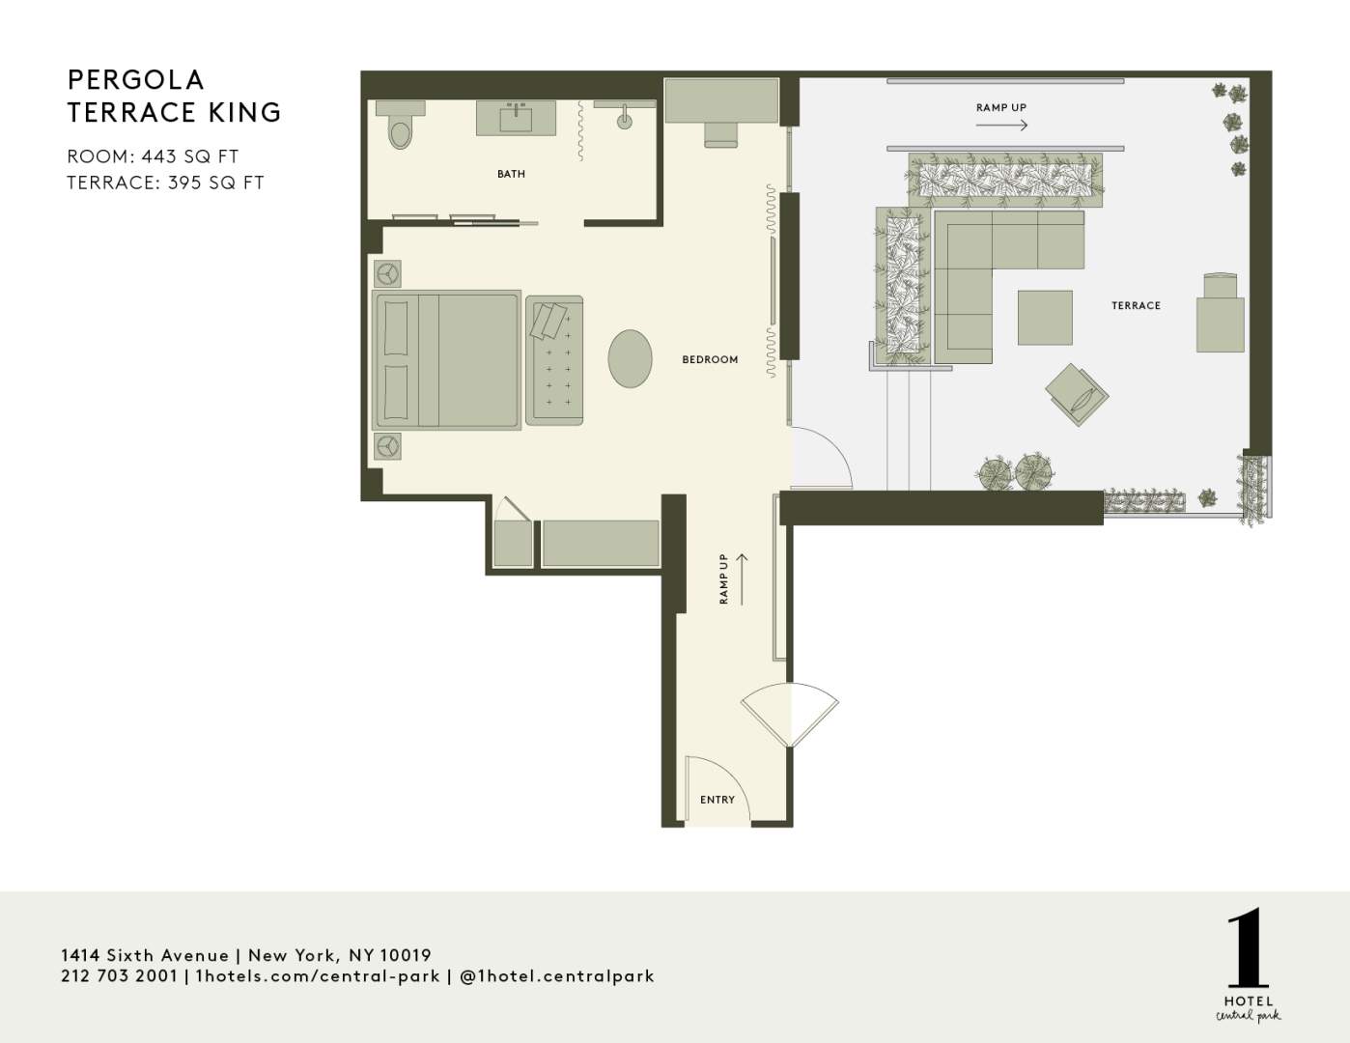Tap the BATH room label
tap(511, 174)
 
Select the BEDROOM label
tap(710, 359)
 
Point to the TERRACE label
tap(1136, 305)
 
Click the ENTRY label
tap(717, 800)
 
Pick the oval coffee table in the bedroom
tap(630, 358)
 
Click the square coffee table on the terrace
tap(1045, 318)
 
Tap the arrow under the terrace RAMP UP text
tap(1001, 126)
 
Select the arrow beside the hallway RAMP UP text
tap(742, 578)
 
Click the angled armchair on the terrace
tap(1077, 394)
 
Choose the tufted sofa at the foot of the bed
tap(554, 360)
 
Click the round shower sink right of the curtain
tap(625, 121)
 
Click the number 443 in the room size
tap(160, 156)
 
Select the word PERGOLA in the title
tap(136, 79)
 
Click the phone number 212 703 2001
tap(120, 976)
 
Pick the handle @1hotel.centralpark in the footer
tap(557, 976)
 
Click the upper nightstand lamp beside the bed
tap(387, 273)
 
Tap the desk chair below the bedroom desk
tap(720, 135)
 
